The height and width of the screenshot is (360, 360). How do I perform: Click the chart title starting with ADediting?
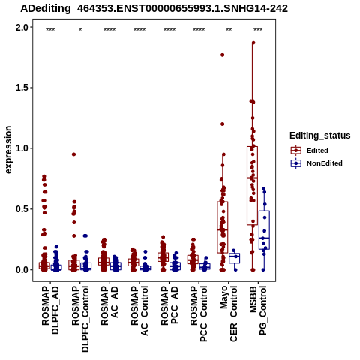[x=154, y=8]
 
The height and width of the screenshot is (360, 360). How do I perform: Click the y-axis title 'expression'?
[x=8, y=150]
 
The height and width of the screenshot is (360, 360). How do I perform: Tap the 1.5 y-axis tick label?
[x=22, y=88]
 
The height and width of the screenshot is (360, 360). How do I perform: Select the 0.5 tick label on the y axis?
[x=22, y=209]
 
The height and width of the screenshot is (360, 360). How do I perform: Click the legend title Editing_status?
[x=320, y=136]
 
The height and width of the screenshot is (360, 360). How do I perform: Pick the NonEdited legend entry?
[x=316, y=163]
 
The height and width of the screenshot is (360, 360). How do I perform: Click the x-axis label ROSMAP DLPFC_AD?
[x=50, y=310]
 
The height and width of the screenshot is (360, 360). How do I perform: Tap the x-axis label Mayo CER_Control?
[x=229, y=313]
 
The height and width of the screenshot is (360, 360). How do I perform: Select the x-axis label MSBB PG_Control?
[x=258, y=310]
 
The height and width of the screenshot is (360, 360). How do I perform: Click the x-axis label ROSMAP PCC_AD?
[x=169, y=305]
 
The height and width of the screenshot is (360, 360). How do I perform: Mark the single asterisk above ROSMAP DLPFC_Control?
[x=80, y=30]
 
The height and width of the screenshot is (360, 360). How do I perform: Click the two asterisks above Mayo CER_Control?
[x=229, y=30]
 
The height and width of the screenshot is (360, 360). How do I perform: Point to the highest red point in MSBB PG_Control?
[x=253, y=43]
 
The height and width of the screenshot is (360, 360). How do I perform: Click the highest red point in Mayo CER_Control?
[x=222, y=55]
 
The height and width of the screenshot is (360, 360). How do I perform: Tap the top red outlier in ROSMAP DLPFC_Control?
[x=73, y=154]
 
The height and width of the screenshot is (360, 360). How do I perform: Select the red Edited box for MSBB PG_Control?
[x=252, y=186]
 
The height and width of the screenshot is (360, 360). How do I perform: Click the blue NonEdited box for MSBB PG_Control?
[x=264, y=230]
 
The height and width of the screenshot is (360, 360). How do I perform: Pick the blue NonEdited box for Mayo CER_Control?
[x=235, y=258]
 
